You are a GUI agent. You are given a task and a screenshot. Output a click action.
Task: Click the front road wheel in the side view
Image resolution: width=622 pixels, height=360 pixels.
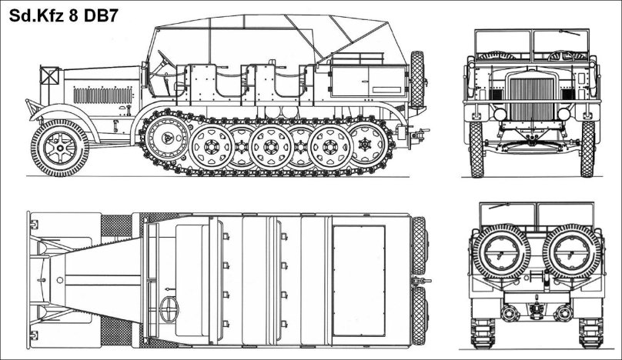click(x=59, y=146)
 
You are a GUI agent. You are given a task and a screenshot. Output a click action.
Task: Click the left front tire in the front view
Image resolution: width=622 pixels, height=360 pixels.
click(x=476, y=148)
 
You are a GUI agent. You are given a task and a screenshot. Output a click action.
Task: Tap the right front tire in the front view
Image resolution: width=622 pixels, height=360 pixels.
click(x=587, y=148)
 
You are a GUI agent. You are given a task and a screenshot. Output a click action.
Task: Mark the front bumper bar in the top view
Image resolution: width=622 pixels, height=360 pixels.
click(x=28, y=281)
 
